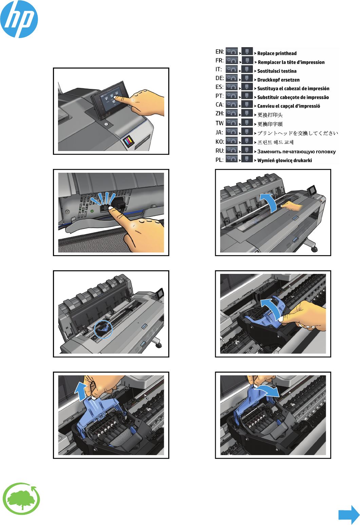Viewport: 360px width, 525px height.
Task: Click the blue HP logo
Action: tap(19, 19)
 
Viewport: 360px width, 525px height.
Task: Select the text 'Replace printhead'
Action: tap(277, 53)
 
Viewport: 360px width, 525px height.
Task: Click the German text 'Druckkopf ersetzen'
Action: tap(279, 80)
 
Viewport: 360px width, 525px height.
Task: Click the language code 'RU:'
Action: tap(220, 151)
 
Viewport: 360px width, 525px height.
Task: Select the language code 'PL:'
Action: tap(220, 160)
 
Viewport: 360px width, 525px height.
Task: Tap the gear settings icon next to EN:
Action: tap(232, 51)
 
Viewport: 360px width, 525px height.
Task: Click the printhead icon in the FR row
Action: tap(247, 60)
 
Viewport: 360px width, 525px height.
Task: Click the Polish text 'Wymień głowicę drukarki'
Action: tap(285, 161)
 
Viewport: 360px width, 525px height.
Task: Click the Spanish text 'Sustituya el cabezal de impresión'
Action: tap(293, 89)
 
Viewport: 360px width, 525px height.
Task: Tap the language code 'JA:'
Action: tap(220, 132)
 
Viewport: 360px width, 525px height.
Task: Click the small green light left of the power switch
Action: tap(92, 211)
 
